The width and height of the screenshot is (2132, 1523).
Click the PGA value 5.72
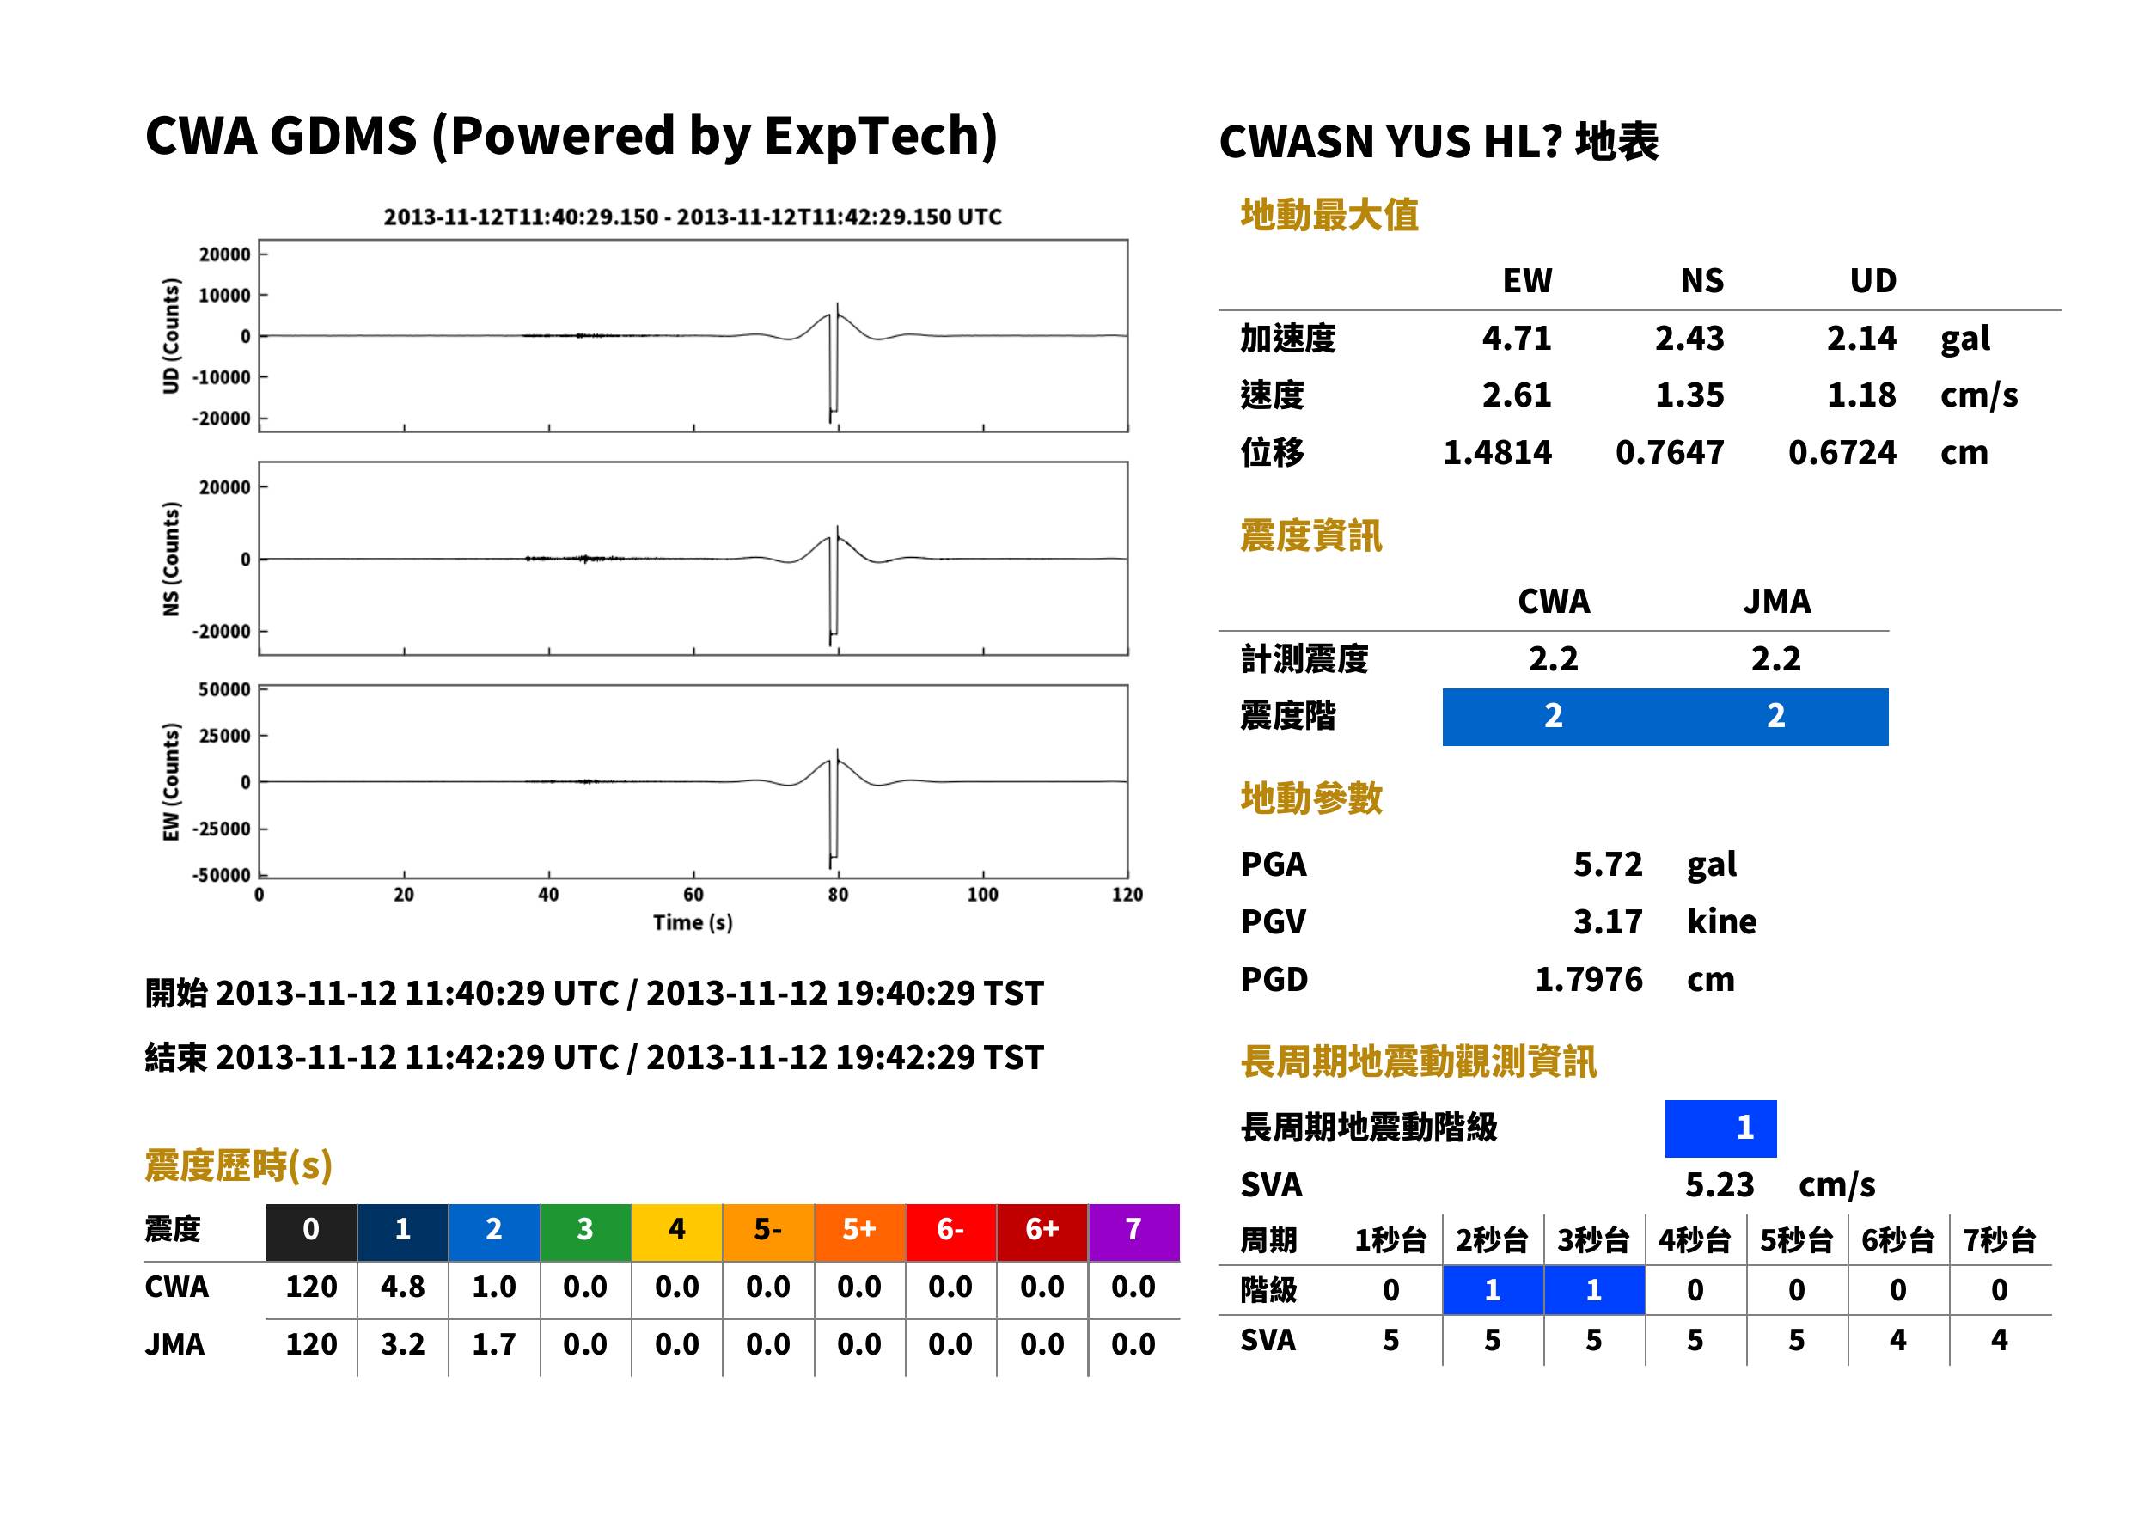[x=1607, y=864]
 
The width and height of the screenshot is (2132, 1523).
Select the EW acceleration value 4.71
[x=1516, y=338]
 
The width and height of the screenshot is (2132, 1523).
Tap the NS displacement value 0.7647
[x=1669, y=452]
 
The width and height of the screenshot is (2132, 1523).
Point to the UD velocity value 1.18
[x=1861, y=395]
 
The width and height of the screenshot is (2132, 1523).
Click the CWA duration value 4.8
[x=402, y=1287]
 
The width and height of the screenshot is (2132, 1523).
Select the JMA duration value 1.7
[x=494, y=1344]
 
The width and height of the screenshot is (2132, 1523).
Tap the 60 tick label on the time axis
[x=693, y=894]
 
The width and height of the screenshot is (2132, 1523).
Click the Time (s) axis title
[x=693, y=922]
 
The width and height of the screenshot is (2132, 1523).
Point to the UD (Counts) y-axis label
[x=171, y=336]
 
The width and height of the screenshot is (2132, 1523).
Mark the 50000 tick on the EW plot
[x=224, y=689]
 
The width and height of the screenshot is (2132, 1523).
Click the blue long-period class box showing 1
[x=1720, y=1128]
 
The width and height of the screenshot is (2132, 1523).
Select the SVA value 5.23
[x=1720, y=1184]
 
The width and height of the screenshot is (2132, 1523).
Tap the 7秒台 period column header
[x=1999, y=1239]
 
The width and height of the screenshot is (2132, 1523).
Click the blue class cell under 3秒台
[x=1594, y=1289]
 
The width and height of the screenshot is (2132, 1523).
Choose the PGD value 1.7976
[x=1588, y=979]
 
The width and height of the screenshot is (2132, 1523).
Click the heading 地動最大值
[x=1329, y=215]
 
